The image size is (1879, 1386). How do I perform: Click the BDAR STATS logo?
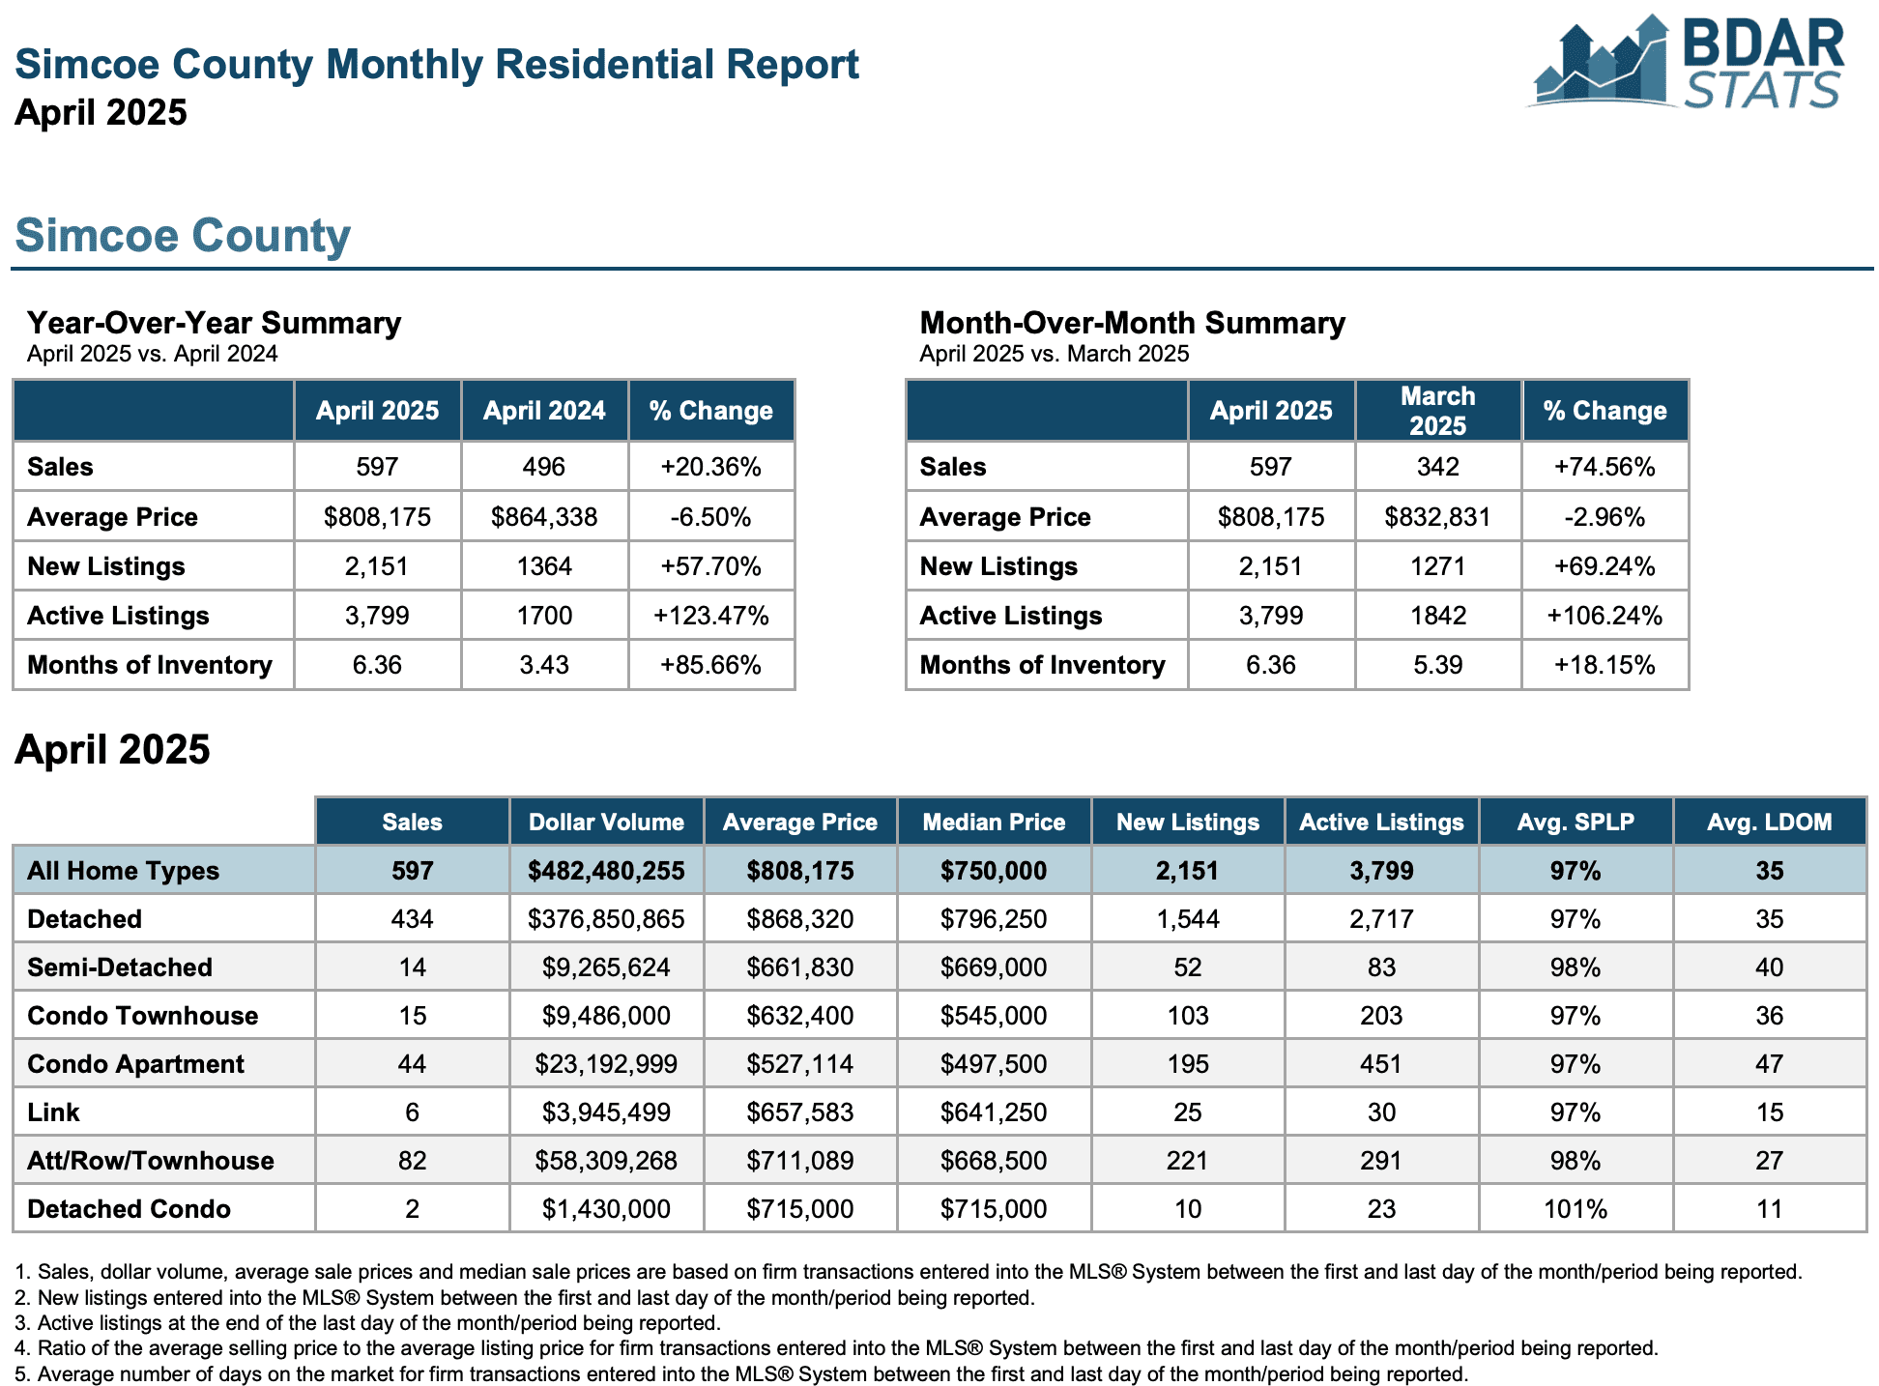click(x=1686, y=63)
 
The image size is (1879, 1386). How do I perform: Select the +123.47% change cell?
click(x=711, y=616)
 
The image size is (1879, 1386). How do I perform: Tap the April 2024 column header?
click(x=544, y=411)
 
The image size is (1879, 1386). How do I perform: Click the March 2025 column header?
click(x=1438, y=411)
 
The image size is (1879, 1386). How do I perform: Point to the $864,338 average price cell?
click(x=544, y=517)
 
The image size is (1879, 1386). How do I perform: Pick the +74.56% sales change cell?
click(x=1604, y=467)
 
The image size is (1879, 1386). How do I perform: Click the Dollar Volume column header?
click(x=606, y=823)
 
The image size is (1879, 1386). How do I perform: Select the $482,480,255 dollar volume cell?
click(x=606, y=871)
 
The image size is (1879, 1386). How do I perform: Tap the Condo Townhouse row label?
click(x=143, y=1016)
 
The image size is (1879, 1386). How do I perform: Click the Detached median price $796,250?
click(x=994, y=919)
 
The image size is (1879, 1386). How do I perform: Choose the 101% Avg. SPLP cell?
click(x=1575, y=1209)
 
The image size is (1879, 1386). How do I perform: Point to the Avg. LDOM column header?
click(x=1769, y=823)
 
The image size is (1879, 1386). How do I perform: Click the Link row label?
click(x=53, y=1112)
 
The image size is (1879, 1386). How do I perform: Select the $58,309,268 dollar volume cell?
click(x=606, y=1161)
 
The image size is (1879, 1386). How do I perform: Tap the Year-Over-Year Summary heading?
click(x=214, y=323)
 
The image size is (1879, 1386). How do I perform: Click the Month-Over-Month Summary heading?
click(x=1132, y=323)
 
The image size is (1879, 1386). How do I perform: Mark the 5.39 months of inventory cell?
click(x=1438, y=665)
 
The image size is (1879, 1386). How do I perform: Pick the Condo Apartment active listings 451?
click(x=1381, y=1064)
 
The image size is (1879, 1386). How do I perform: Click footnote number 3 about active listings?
click(x=367, y=1323)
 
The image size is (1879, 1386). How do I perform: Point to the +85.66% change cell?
click(x=711, y=665)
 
